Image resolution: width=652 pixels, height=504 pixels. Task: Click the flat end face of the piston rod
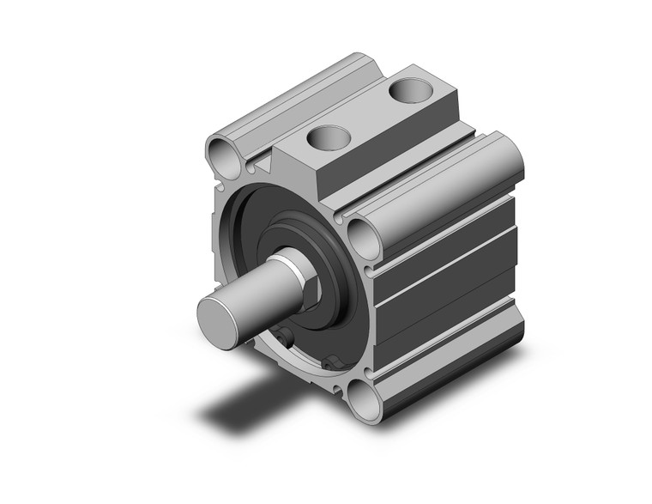coord(216,319)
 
